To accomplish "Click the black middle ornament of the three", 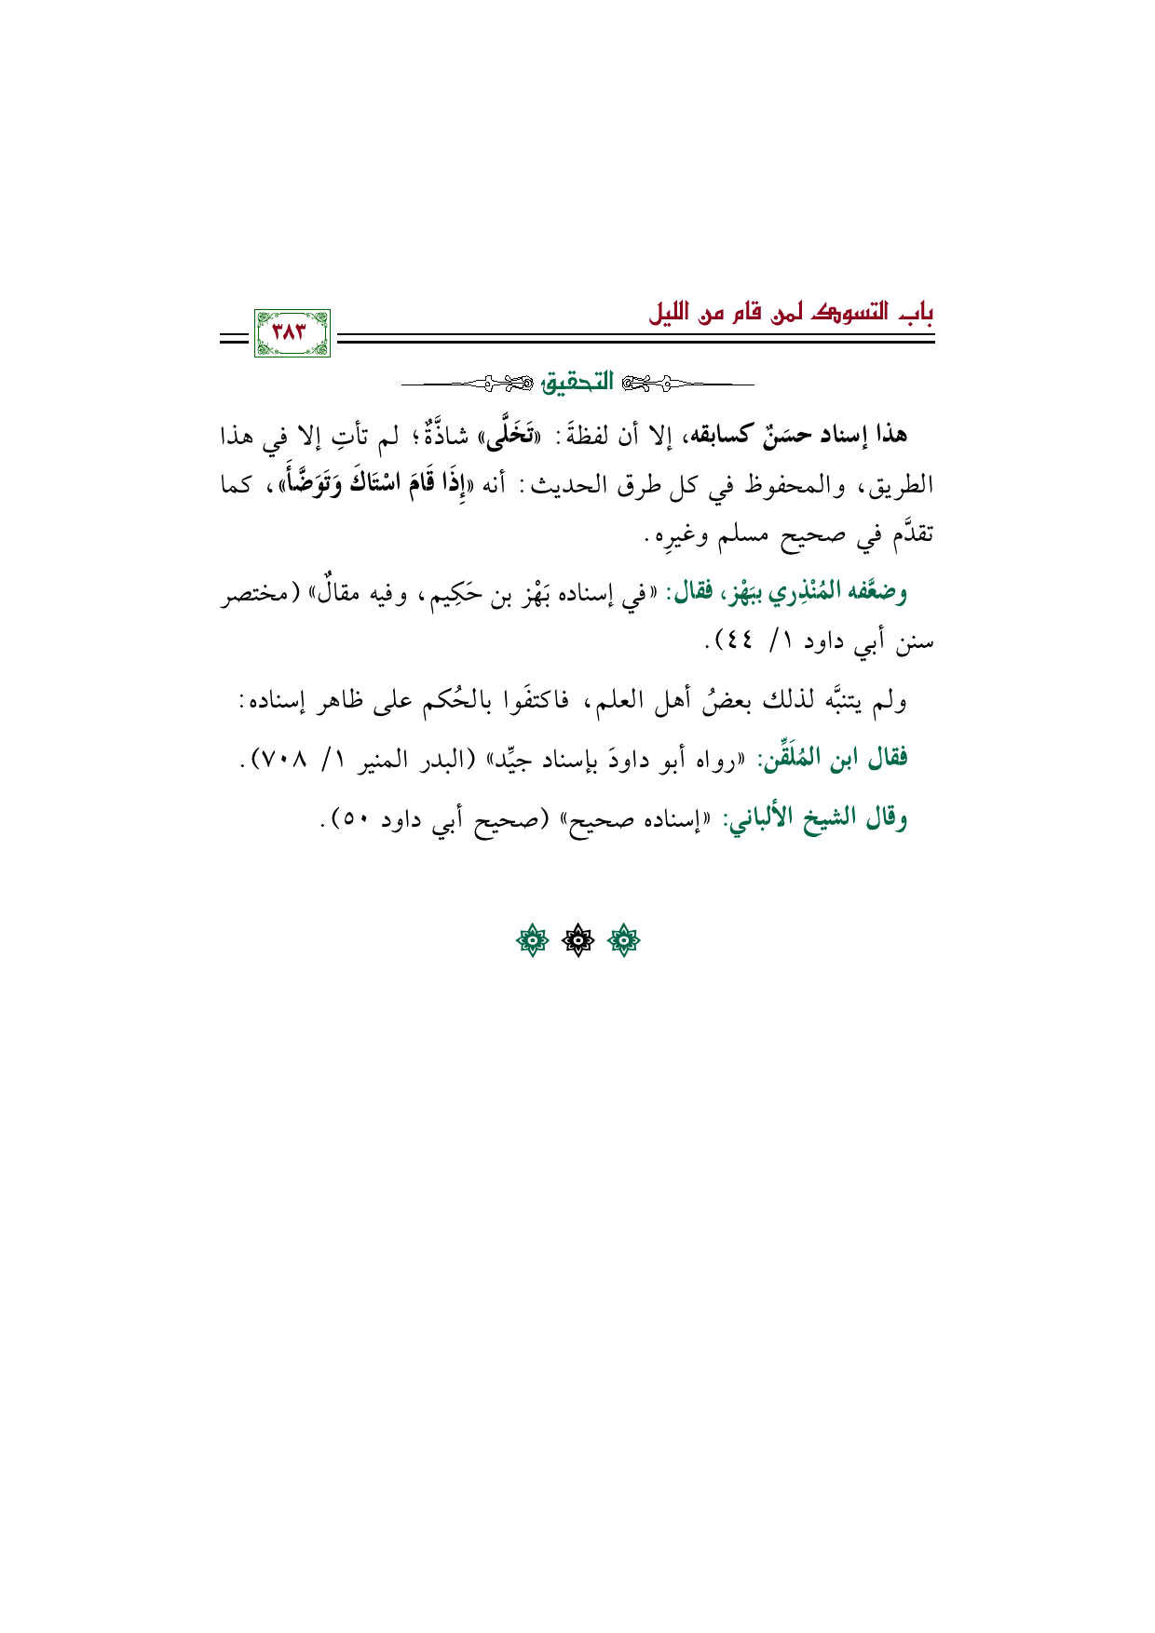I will [x=578, y=941].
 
